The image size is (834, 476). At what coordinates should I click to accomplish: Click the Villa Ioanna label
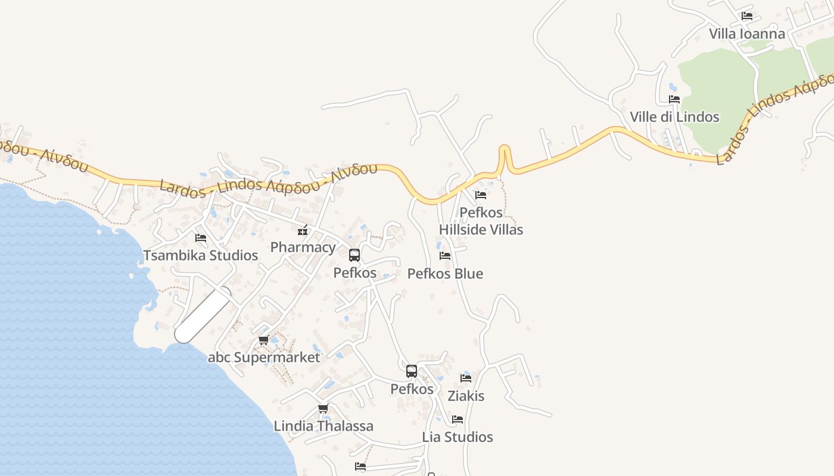click(746, 34)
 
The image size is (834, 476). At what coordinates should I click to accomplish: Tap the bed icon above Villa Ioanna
click(746, 16)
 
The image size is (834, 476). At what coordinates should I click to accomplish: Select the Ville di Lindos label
click(674, 117)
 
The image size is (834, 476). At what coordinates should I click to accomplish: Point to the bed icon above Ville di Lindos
click(674, 99)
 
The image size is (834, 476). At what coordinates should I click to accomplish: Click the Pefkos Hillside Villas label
click(481, 221)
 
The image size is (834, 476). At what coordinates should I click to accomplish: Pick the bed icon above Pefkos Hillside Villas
click(481, 195)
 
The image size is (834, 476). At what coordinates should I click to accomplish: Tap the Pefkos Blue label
click(445, 274)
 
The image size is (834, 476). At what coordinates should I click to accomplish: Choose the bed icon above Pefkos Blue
click(445, 256)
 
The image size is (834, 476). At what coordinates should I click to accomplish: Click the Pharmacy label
click(303, 248)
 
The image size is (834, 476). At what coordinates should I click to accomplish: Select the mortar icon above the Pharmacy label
click(303, 230)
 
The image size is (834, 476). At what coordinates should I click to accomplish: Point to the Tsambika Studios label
click(201, 255)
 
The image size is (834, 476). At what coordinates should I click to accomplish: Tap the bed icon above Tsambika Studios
click(201, 237)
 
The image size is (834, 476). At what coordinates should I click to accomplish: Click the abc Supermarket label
click(264, 358)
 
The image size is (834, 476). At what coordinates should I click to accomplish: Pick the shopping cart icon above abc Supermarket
click(263, 340)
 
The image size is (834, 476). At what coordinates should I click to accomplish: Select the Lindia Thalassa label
click(323, 426)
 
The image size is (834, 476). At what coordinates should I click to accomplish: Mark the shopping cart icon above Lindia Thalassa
click(323, 408)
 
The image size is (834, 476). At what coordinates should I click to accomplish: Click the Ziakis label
click(466, 396)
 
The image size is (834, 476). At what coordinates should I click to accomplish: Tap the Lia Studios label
click(458, 437)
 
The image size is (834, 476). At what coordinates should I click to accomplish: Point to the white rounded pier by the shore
click(203, 315)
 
